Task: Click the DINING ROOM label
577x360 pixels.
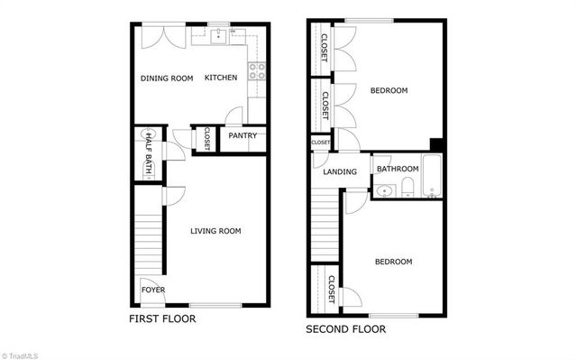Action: pos(167,78)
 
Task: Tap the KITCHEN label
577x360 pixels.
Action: pos(221,78)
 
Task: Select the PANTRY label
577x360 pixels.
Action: pos(243,136)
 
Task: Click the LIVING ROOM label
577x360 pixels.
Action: pos(215,232)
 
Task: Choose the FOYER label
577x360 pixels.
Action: pos(152,291)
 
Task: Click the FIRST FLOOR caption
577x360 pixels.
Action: pos(162,319)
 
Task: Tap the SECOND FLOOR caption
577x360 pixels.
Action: pos(345,329)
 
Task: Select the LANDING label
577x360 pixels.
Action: pos(339,171)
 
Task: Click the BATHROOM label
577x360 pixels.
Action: pos(398,170)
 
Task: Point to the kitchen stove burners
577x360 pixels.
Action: pos(257,71)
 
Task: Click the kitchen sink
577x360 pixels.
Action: pos(219,36)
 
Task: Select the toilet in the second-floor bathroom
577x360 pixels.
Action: pos(408,187)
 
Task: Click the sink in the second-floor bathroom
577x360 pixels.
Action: pos(385,190)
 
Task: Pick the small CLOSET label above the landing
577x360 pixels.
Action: pos(321,143)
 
